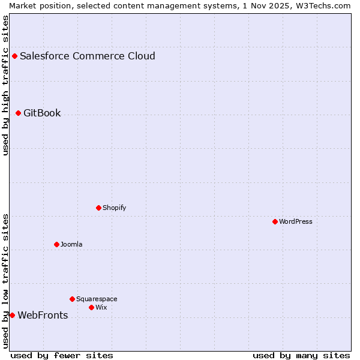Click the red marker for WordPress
275,221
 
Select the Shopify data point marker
98,208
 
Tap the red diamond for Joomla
56,244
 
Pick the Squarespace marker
72,299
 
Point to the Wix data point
91,307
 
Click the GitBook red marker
18,113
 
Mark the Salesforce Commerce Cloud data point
14,56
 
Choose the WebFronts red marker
12,315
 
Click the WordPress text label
296,221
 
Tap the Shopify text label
114,208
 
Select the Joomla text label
71,244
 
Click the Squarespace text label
97,299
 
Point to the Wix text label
101,307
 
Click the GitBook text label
42,113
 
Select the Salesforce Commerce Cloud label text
88,56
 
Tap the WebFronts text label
43,315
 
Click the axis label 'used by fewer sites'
62,355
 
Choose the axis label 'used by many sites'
301,355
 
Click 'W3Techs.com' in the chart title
325,5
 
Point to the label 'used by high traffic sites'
6,85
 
